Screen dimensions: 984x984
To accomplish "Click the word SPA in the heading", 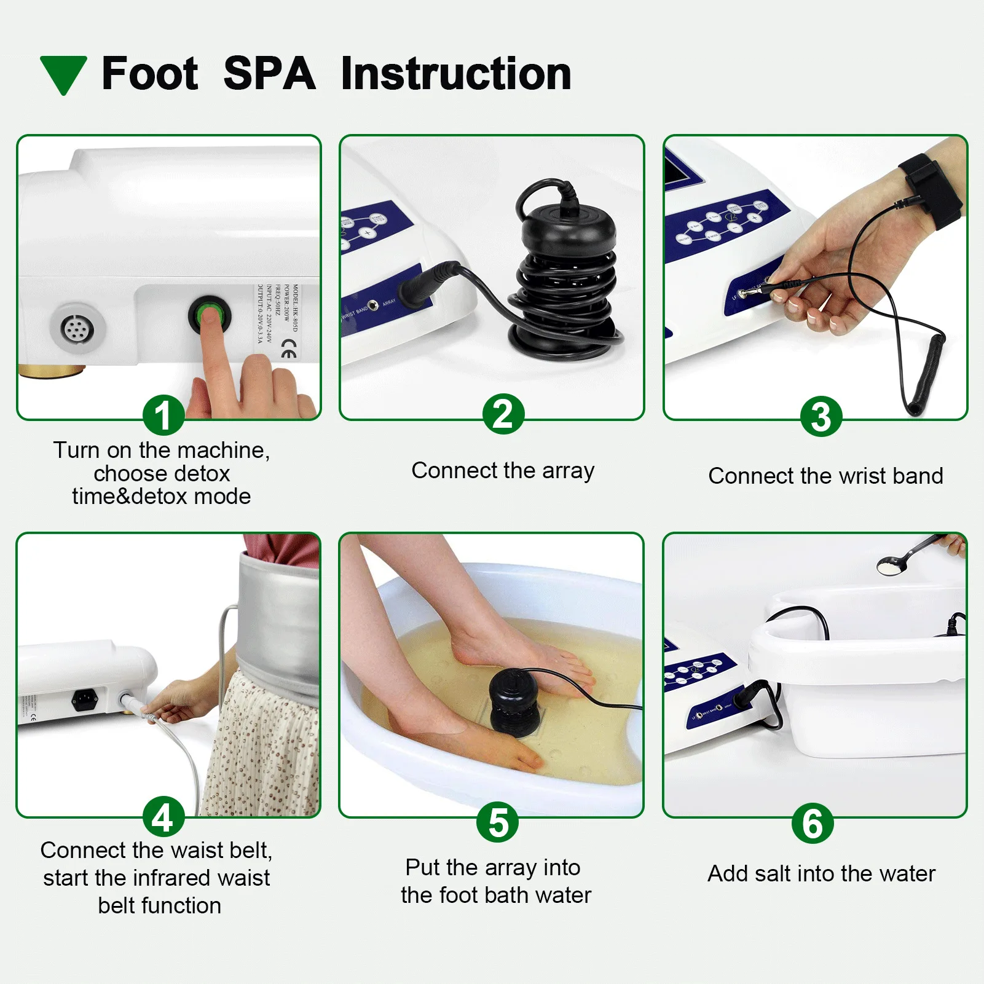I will tap(269, 74).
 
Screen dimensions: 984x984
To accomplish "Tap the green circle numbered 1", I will tap(163, 415).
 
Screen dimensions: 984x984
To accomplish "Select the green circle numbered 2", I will tap(503, 414).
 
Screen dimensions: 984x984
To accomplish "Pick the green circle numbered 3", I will tap(821, 417).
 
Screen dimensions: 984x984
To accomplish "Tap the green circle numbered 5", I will tap(498, 822).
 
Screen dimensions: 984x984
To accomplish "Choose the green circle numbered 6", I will tap(813, 823).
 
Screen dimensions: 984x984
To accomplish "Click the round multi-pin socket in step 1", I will tap(77, 328).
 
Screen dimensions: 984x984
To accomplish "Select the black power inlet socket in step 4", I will tap(85, 699).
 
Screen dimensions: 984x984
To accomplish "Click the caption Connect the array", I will tap(503, 471).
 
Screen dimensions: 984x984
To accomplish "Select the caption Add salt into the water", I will tap(821, 873).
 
